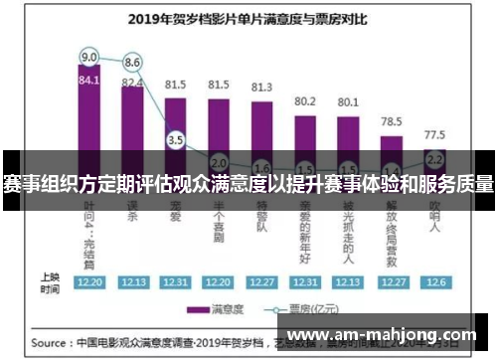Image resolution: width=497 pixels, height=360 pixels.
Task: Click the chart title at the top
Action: tap(248, 17)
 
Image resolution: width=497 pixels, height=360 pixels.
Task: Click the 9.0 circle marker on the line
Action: tap(89, 56)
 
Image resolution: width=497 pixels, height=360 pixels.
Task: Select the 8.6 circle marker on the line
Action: tap(132, 63)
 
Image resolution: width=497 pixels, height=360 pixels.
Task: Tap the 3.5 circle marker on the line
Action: tap(176, 140)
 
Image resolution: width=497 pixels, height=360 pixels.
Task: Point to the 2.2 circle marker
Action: tap(434, 158)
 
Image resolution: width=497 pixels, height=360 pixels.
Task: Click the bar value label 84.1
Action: tap(89, 81)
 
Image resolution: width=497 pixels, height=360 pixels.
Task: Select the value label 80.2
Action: tap(305, 100)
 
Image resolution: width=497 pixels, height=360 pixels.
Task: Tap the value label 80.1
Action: tap(348, 101)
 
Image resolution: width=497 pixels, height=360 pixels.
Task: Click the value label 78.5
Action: tap(392, 119)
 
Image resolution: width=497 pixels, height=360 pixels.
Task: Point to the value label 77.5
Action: tap(434, 133)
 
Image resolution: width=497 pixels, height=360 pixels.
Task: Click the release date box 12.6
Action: tap(434, 282)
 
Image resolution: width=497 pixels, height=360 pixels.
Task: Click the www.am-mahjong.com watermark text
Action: tap(387, 334)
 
